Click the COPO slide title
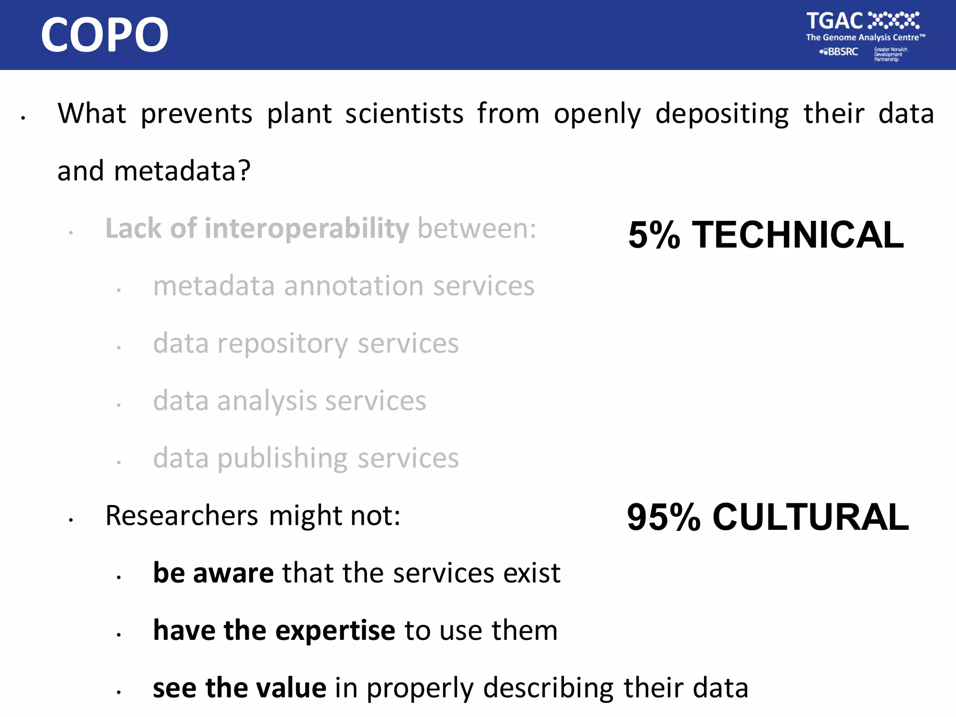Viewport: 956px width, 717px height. tap(105, 35)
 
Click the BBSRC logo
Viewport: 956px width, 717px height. tap(840, 52)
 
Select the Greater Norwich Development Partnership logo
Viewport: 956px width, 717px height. tap(890, 54)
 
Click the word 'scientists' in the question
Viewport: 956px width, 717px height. tap(404, 113)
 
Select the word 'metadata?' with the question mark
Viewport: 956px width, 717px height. tap(182, 171)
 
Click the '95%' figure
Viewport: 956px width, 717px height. tap(663, 517)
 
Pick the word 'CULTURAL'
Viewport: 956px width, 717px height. tap(810, 517)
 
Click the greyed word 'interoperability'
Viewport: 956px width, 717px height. tap(307, 229)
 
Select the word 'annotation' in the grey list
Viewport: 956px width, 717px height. tap(353, 286)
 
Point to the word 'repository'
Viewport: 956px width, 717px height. tap(283, 344)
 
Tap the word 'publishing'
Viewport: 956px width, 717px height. tap(282, 459)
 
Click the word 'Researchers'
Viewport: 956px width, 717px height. tap(182, 516)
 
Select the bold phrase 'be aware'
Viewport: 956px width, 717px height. tap(213, 573)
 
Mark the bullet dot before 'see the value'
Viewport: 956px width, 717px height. tap(119, 692)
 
